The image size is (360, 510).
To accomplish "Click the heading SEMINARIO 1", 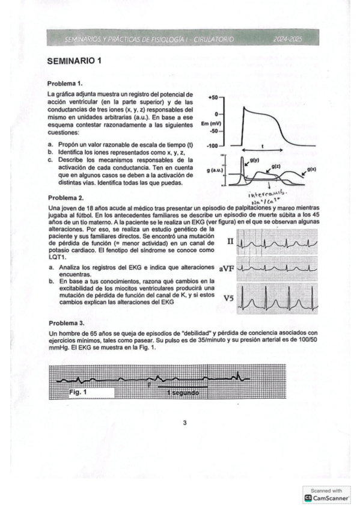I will pyautogui.click(x=74, y=61).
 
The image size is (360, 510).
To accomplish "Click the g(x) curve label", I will pyautogui.click(x=311, y=170).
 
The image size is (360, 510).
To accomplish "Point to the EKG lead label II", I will pyautogui.click(x=230, y=241).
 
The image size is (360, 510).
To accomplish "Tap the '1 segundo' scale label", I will pyautogui.click(x=182, y=393).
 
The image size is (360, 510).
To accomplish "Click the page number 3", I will pyautogui.click(x=185, y=423).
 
